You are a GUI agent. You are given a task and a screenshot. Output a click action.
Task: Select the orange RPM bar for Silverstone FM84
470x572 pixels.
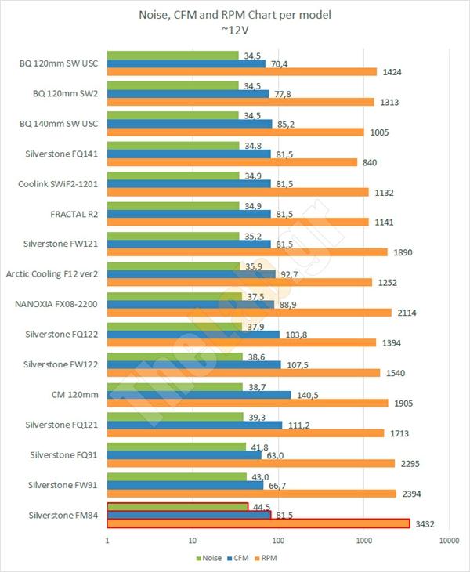click(x=258, y=523)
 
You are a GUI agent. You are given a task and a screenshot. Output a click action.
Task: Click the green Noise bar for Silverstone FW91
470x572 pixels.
click(x=177, y=476)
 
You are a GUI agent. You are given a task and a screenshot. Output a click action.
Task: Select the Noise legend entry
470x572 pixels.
click(x=208, y=558)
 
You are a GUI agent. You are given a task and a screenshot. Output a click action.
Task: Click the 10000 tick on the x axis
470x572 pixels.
click(x=448, y=541)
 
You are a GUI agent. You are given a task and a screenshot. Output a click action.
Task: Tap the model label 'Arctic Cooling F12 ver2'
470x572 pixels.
click(x=53, y=274)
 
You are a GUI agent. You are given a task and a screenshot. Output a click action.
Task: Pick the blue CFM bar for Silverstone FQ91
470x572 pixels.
click(x=183, y=454)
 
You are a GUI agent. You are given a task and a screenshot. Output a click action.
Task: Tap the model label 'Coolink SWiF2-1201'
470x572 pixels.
click(x=59, y=184)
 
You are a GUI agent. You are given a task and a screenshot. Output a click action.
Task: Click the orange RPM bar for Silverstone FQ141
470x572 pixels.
click(x=232, y=162)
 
